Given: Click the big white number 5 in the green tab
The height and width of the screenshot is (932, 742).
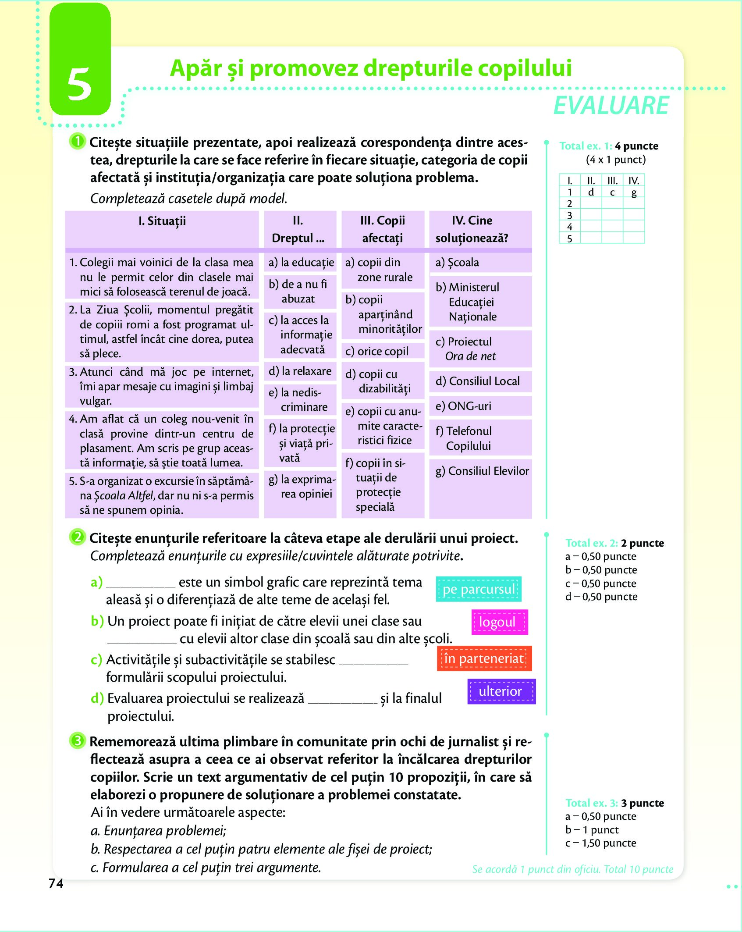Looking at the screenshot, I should pos(79,84).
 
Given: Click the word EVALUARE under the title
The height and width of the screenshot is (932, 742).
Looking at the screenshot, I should pos(611,106).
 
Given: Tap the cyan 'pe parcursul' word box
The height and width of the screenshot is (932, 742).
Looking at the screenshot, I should pos(479,589).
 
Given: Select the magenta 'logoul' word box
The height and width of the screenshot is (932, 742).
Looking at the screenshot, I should pos(499,622).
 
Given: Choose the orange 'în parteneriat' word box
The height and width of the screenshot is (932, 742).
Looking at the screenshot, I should pos(484,658).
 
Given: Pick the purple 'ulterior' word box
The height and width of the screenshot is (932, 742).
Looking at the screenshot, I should pos(501,691).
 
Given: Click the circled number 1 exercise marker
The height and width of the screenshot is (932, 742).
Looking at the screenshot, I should pos(77,141).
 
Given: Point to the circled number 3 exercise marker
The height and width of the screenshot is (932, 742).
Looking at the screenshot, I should pos(77,740).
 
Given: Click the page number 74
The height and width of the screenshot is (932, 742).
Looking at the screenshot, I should pos(56,883).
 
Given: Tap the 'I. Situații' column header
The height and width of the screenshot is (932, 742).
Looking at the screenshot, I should pos(162,221).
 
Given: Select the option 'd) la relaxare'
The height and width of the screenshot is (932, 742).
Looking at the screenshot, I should pos(300,371).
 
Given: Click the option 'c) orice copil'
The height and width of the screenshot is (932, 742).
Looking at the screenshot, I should pos(377,351).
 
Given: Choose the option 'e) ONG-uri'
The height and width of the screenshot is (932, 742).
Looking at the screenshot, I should pos(463,406).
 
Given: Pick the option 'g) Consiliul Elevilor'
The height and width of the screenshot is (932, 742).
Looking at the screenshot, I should pos(482,471).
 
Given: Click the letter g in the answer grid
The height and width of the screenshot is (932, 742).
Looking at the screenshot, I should pos(634,192).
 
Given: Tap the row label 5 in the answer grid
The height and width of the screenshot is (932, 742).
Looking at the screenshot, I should pos(569,239).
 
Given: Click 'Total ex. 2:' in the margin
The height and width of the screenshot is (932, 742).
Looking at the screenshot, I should pos(591,543).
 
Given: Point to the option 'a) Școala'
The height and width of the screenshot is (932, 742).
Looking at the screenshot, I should pos(457,262).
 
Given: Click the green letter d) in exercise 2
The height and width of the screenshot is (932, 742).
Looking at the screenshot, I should pos(97,698).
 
